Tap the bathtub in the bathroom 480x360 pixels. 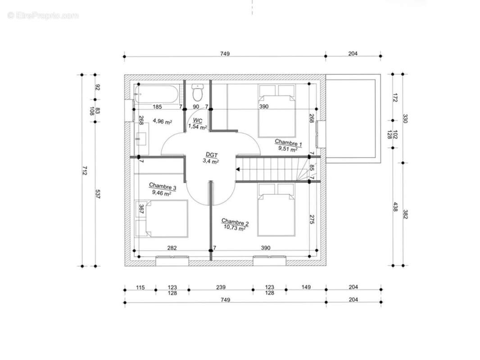156,94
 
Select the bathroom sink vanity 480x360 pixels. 141,139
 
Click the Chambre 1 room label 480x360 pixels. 288,143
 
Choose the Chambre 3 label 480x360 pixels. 163,186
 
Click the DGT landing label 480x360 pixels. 211,155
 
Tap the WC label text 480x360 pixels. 198,121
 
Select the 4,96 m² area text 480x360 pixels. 162,121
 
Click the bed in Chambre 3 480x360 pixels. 162,219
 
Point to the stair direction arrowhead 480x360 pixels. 238,169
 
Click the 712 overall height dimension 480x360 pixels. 85,171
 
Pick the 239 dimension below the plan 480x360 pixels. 221,287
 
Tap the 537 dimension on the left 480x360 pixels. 98,194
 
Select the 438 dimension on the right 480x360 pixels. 395,207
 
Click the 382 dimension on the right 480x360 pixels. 405,214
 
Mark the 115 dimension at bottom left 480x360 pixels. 140,288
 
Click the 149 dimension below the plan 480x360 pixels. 306,287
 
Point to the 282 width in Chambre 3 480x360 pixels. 172,248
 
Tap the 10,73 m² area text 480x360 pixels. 235,228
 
